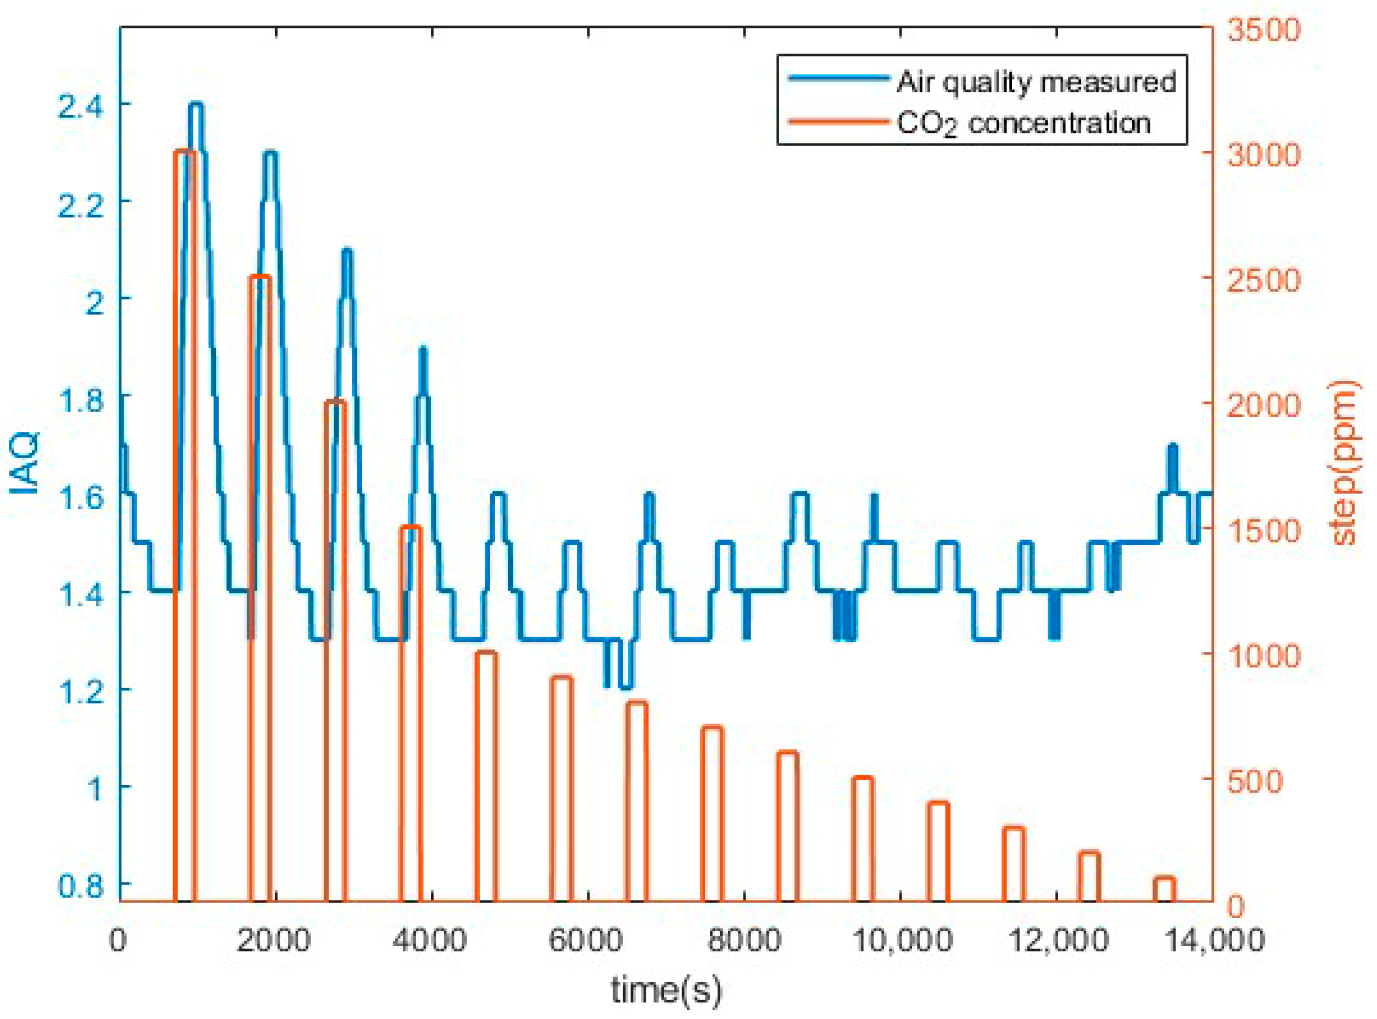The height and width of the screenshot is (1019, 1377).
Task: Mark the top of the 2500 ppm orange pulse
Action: [260, 277]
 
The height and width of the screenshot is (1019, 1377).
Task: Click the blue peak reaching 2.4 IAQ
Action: [196, 104]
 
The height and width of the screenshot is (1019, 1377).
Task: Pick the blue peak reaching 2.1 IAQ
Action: [347, 250]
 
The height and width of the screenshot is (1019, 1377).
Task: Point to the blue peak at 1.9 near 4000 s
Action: [422, 349]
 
